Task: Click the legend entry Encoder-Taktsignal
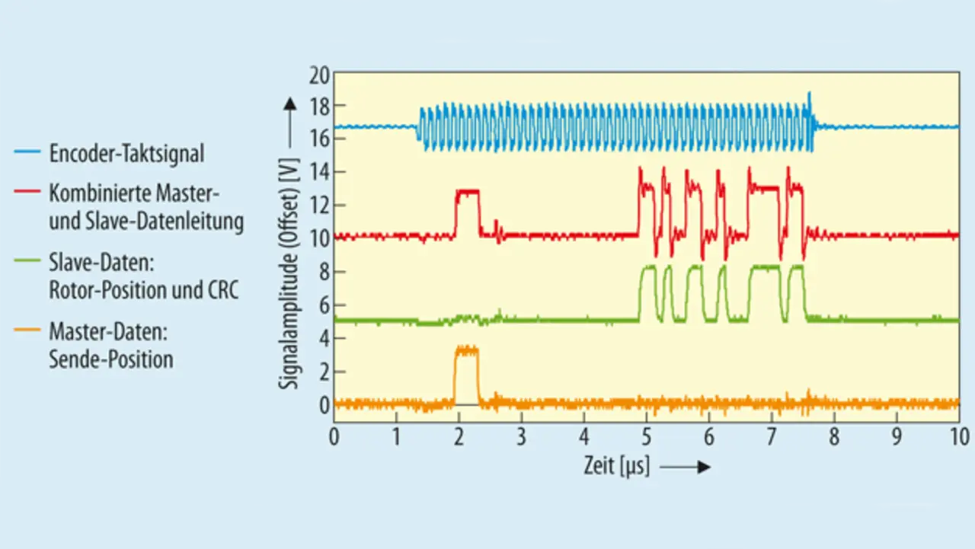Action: coord(126,153)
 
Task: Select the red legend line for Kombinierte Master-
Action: coord(30,193)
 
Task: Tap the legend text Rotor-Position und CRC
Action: coord(144,290)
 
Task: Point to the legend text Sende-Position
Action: coord(111,359)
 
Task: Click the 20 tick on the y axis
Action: coord(318,75)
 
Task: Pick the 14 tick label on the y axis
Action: coord(318,172)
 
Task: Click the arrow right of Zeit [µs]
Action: coord(686,467)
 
